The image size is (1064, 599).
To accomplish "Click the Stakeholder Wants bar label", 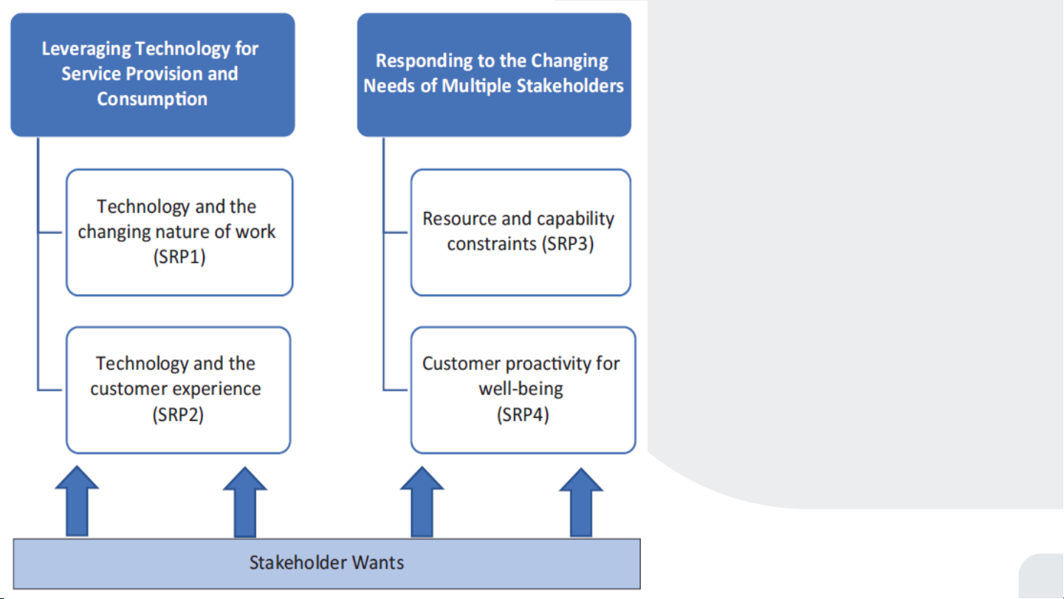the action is [x=327, y=562].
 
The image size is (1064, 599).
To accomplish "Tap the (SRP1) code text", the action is [x=179, y=257].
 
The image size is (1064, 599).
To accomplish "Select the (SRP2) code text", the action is [x=178, y=414].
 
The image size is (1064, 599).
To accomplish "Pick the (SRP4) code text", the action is [x=523, y=414].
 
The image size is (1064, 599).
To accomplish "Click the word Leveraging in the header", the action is [x=86, y=49].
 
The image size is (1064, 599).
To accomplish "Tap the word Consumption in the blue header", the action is [x=152, y=99].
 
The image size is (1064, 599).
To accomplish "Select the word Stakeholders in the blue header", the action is [x=570, y=86].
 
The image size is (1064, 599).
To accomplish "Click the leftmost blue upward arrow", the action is [x=77, y=502].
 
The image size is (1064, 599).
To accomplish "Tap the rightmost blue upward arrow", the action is [x=581, y=502].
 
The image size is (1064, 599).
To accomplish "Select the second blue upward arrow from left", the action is [x=245, y=502].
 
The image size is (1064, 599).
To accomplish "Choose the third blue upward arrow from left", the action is [x=422, y=502].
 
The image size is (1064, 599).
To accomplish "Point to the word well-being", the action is [x=521, y=389].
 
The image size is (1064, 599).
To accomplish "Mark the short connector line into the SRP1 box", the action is [x=50, y=233].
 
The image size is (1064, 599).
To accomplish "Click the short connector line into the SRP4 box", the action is [x=395, y=390].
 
